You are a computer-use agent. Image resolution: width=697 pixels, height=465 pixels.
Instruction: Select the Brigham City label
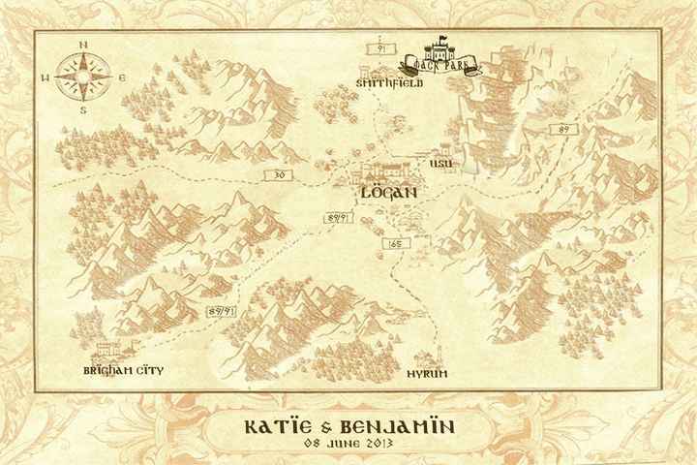point(123,370)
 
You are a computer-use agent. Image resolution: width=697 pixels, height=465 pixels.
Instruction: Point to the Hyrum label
point(426,373)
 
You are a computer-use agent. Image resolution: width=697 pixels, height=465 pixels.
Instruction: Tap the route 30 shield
point(280,174)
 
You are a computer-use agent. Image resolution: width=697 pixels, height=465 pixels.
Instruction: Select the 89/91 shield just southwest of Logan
point(338,219)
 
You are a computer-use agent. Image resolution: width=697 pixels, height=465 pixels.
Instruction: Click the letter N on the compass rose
point(83,45)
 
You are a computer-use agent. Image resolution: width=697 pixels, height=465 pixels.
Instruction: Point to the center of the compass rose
point(83,76)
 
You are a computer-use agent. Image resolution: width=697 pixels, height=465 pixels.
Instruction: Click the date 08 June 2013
point(348,446)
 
